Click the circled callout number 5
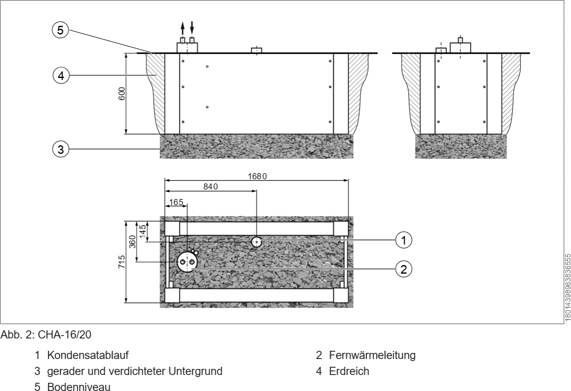click(x=60, y=30)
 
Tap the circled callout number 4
click(x=61, y=75)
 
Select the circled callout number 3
click(x=61, y=149)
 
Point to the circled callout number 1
click(x=403, y=240)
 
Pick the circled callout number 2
click(x=403, y=269)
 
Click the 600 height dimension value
click(x=122, y=94)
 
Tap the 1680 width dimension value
click(x=257, y=176)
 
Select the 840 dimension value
click(x=211, y=187)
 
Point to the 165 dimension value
click(x=176, y=202)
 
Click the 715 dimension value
click(x=122, y=261)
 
